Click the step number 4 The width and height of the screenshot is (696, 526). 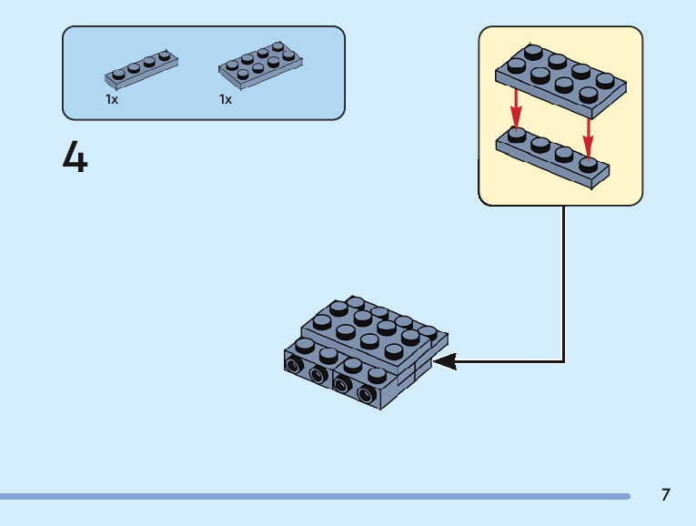click(x=76, y=157)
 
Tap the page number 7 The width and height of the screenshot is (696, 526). click(x=666, y=495)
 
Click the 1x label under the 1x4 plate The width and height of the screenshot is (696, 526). click(x=112, y=99)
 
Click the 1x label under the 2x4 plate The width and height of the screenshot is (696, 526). click(x=226, y=99)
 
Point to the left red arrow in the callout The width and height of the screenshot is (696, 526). click(x=516, y=107)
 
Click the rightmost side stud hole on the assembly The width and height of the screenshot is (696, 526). click(x=367, y=395)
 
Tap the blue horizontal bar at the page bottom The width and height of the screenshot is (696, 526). click(x=314, y=496)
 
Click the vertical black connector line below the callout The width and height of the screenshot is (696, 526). click(x=564, y=282)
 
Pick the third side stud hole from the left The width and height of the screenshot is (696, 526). click(x=343, y=385)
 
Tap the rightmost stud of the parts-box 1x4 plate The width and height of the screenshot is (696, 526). click(x=165, y=56)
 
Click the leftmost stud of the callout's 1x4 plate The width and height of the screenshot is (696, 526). click(x=517, y=135)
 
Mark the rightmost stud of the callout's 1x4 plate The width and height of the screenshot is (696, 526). click(x=589, y=164)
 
